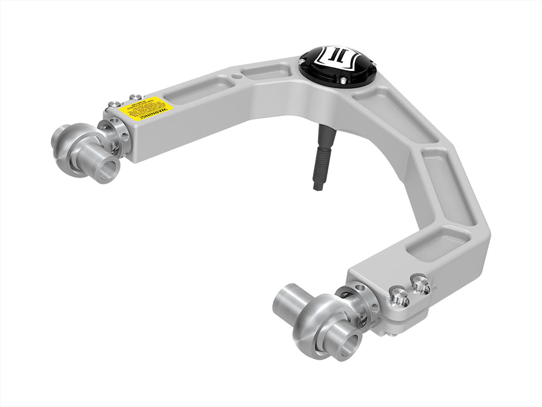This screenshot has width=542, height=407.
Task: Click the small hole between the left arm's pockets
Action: (236, 76)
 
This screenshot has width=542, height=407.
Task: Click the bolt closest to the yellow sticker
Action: (135, 97)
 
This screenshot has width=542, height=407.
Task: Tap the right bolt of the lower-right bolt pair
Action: (420, 284)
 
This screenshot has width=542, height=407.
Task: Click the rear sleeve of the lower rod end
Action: (287, 296)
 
